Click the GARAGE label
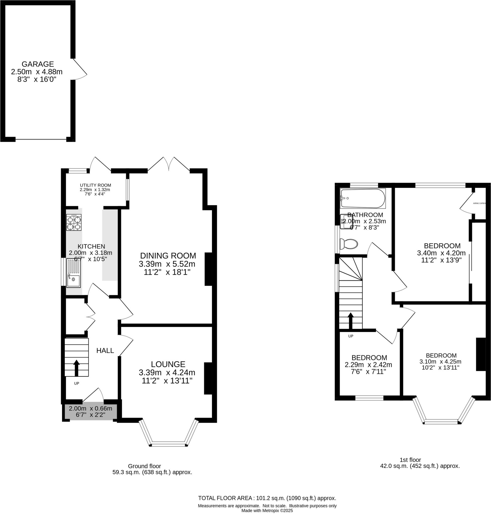pos(38,64)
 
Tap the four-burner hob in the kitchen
pos(74,222)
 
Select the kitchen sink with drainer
pos(73,273)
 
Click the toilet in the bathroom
pos(349,244)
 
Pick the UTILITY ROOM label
pos(95,185)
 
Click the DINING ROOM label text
pos(168,255)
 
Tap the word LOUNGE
pos(168,364)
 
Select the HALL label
pos(105,351)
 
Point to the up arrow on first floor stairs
pos(350,321)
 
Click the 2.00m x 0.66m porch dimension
pos(90,408)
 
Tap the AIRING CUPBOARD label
pos(479,203)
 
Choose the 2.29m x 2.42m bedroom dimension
pos(368,365)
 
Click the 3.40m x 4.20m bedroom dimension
pos(441,253)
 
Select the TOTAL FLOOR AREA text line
pos(267,498)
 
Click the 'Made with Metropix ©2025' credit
pos(267,510)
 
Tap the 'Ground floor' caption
pos(144,466)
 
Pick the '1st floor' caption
pos(410,460)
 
